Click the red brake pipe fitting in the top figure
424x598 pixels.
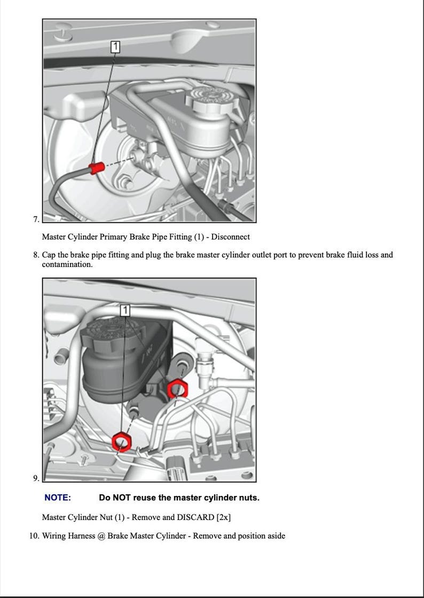[x=97, y=168]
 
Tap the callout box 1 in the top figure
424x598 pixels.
[x=115, y=46]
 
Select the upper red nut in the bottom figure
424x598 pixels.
[x=177, y=389]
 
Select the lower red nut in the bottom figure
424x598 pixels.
[x=122, y=442]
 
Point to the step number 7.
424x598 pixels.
[x=36, y=219]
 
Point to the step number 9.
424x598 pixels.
[x=36, y=478]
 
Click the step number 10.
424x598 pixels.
[x=34, y=536]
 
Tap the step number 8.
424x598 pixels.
[x=36, y=255]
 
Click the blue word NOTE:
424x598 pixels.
[x=57, y=498]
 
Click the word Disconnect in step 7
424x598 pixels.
[x=230, y=237]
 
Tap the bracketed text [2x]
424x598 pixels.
[x=224, y=517]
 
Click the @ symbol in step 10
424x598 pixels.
[x=101, y=536]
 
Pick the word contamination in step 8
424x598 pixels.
[x=67, y=264]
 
